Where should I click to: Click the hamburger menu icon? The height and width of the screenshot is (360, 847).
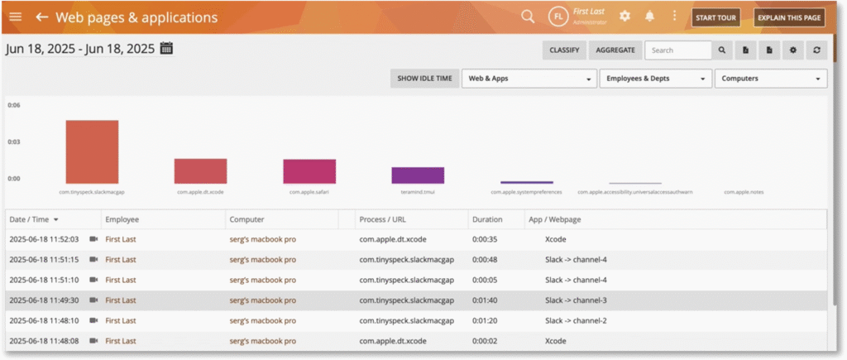pos(16,17)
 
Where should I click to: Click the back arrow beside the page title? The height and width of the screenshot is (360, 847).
pos(41,17)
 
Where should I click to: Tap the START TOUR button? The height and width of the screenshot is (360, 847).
pos(715,17)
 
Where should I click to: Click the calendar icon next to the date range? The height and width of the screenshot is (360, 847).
pos(166,48)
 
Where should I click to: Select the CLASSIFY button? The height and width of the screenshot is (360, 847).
pos(565,50)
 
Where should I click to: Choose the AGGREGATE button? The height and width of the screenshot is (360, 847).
pos(616,50)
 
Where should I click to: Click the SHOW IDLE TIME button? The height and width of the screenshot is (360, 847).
pos(424,79)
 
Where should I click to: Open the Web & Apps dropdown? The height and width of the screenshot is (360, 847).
pos(529,79)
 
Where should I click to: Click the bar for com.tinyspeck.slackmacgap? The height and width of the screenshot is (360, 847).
pos(92,151)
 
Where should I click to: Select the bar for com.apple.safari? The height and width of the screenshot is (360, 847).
pos(309,171)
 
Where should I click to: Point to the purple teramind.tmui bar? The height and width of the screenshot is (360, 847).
pos(418,175)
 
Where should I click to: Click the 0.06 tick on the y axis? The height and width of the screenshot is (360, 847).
pos(14,105)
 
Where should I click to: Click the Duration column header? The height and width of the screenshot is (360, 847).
pos(486,219)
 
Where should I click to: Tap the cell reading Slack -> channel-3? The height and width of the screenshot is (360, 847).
pos(576,300)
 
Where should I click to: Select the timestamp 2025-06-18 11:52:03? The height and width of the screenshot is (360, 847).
pos(44,239)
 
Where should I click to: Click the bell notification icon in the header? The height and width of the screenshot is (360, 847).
pos(649,17)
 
